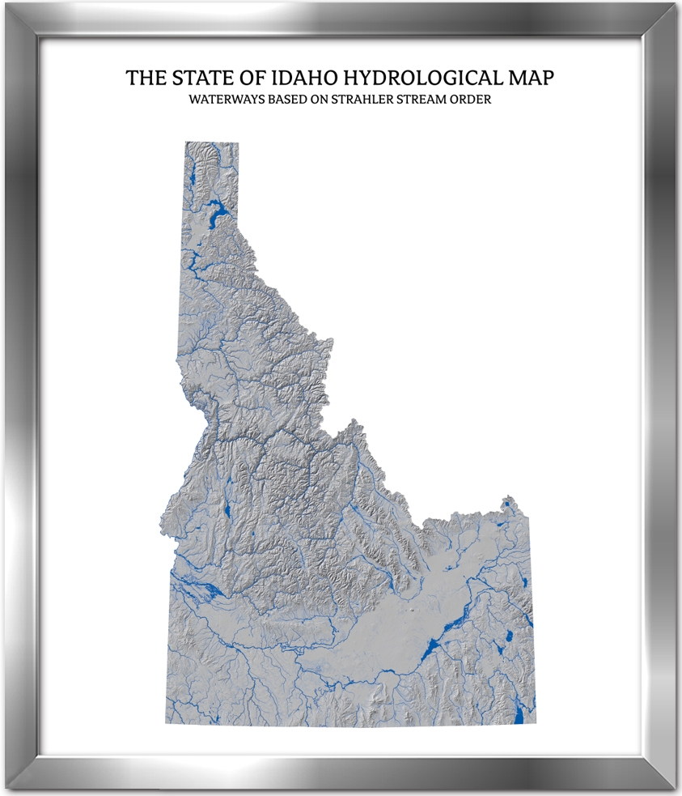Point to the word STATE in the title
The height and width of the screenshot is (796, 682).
(x=202, y=79)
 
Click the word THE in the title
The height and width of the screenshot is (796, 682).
(x=147, y=79)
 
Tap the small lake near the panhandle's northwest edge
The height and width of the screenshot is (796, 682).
(x=194, y=181)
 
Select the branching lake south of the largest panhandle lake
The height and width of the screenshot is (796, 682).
(x=194, y=261)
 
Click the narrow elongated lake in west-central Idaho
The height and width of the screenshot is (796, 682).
(x=227, y=510)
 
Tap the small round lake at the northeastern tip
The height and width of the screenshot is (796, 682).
(x=507, y=506)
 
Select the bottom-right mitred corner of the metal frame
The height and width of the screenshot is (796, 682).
(x=663, y=777)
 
